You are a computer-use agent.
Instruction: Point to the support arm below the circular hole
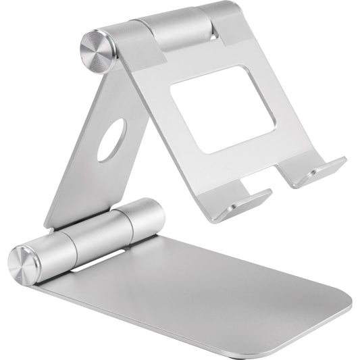(84, 189)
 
